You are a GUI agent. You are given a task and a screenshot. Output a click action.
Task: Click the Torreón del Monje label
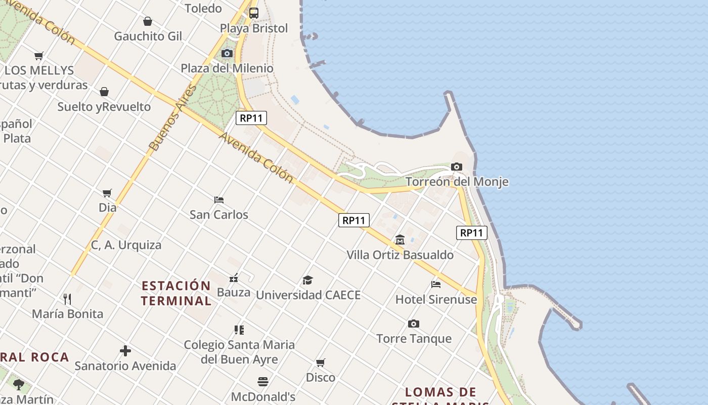pos(457,182)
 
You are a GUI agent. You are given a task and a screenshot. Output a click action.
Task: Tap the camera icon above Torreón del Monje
pos(456,167)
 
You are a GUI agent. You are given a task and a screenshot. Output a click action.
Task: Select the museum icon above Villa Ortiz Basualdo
pos(400,239)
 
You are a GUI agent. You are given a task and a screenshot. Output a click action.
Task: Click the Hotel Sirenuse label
pos(436,299)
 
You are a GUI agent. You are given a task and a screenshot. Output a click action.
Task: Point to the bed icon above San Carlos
pos(219,199)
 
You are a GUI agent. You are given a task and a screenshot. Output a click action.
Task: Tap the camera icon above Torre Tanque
pos(414,323)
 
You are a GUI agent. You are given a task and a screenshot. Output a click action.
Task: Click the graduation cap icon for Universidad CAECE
pos(307,280)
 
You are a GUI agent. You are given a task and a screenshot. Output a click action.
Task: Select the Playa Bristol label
pos(254,28)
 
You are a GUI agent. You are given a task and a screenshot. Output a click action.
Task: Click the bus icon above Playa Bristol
pos(254,13)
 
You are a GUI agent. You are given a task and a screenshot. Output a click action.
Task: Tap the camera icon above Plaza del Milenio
pos(227,53)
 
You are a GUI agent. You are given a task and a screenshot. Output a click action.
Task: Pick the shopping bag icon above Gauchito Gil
pos(148,21)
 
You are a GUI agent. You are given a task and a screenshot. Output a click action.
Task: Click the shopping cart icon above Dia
pos(107,192)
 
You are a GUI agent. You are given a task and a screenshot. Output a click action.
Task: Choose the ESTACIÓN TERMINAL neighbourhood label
pos(176,293)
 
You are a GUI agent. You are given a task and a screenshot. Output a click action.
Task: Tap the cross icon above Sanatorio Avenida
pos(125,350)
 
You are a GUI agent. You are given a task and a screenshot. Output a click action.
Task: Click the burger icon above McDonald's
pos(263,381)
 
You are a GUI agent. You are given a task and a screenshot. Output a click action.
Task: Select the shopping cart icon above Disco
pos(321,362)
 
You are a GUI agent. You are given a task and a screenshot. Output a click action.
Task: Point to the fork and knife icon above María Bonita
pos(67,299)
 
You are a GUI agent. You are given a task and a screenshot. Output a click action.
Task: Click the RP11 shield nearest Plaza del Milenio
pos(251,118)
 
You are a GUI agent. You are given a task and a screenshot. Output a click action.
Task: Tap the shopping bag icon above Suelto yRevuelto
pos(104,92)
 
